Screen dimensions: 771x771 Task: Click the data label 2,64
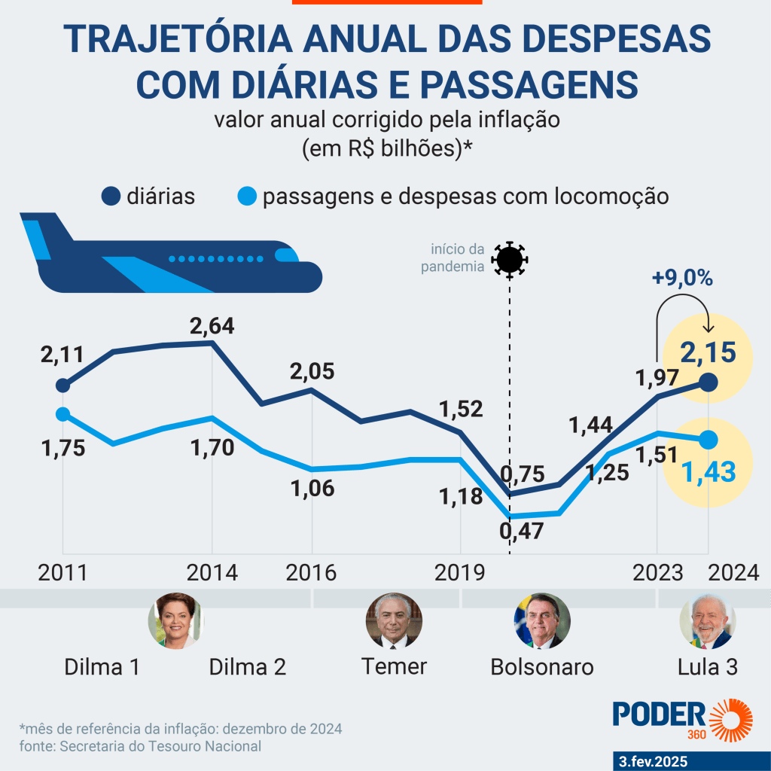coord(212,326)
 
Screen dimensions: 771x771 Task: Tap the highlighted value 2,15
coord(708,352)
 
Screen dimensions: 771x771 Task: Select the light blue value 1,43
coord(709,472)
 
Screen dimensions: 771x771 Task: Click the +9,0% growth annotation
coord(682,279)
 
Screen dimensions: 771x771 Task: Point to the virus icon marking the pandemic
coord(510,260)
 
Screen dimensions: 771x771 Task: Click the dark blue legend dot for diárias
coord(111,197)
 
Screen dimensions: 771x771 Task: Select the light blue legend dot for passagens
coord(247,197)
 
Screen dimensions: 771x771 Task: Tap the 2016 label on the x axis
coord(311,573)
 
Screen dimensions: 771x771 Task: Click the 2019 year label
coord(460,573)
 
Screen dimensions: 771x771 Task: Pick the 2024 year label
coord(733,573)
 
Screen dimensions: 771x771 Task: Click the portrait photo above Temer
coord(394,620)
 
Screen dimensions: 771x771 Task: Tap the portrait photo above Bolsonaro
coord(542,620)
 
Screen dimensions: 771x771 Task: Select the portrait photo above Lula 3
coord(708,620)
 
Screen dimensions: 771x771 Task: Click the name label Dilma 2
coord(247,667)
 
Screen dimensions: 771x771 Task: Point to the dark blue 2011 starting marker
coord(62,385)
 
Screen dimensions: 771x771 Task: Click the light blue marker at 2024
coord(708,440)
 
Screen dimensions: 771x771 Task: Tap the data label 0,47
coord(521,531)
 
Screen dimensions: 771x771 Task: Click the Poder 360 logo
coord(682,719)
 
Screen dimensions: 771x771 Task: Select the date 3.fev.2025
coord(653,762)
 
